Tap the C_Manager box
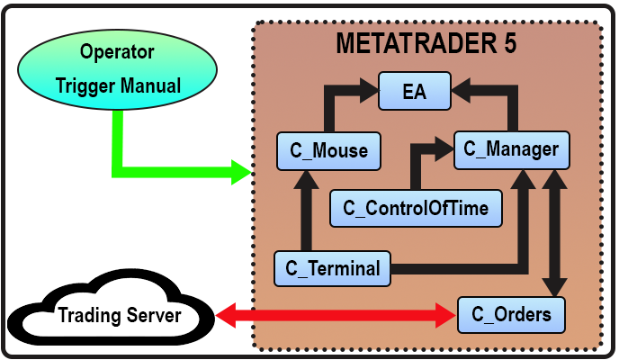512,149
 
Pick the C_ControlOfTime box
415,209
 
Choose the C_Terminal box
332,267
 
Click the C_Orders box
511,315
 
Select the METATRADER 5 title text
426,44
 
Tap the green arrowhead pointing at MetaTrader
240,170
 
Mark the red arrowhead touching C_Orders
447,315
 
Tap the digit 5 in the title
510,44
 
